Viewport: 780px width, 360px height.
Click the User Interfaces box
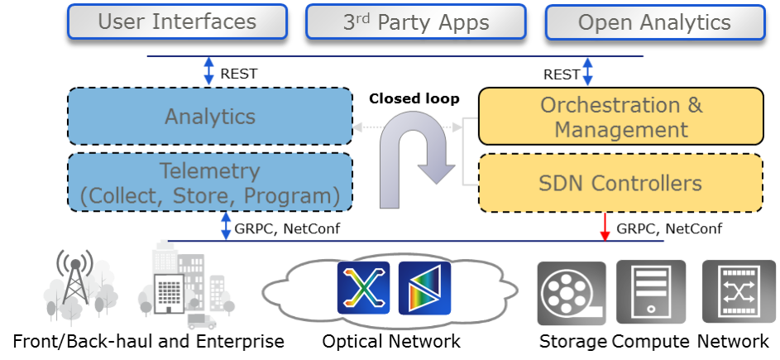[x=177, y=22]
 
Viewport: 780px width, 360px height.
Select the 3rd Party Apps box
[x=415, y=22]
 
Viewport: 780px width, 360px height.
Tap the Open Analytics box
[x=653, y=22]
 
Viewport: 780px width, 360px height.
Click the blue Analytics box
[x=209, y=116]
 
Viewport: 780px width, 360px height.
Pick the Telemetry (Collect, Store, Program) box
[x=209, y=182]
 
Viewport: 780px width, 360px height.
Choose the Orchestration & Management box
[x=620, y=117]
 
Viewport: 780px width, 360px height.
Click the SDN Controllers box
[x=620, y=183]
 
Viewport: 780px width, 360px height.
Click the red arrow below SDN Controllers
[x=605, y=227]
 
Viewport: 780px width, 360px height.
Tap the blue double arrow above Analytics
[x=209, y=71]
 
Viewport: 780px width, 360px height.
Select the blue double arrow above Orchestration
[x=587, y=71]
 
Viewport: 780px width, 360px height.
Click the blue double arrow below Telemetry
[x=226, y=226]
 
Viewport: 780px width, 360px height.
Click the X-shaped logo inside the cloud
[x=363, y=287]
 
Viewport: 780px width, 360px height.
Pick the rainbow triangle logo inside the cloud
[x=424, y=287]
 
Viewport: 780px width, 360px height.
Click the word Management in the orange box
[x=620, y=130]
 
